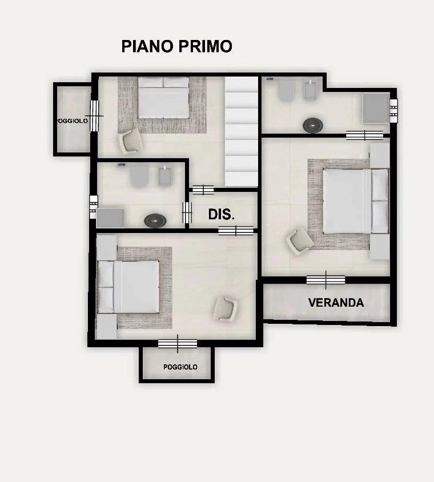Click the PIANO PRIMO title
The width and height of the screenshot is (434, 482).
(176, 46)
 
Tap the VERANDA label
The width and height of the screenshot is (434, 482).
(336, 303)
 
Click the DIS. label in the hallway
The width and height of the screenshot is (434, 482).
(222, 214)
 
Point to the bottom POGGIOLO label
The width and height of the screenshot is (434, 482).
(180, 367)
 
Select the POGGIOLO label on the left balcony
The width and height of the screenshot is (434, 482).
(71, 121)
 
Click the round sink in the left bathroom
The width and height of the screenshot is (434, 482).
(155, 220)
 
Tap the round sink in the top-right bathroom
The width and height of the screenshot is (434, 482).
(313, 125)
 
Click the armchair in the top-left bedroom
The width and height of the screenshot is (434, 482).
(131, 142)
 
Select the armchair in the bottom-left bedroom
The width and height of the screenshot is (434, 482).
(226, 308)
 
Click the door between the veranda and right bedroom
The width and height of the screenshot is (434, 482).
(326, 280)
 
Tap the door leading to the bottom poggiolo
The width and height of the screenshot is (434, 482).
(178, 343)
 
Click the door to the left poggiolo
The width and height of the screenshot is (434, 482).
(94, 116)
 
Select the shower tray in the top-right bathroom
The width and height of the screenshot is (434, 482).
(376, 109)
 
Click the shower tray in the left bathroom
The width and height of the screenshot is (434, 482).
(110, 218)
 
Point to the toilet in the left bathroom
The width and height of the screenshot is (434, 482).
(139, 175)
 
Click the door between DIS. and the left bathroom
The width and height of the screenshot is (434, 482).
(187, 212)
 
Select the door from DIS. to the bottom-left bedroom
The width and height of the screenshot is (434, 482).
(236, 231)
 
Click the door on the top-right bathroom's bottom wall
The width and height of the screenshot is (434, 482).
(364, 135)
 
